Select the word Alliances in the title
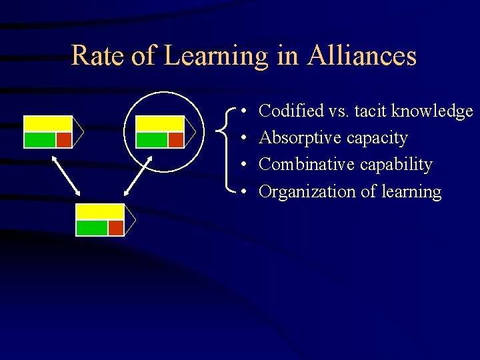coord(362,55)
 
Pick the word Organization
coord(307,192)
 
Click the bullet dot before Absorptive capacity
coord(245,139)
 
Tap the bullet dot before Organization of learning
coord(245,193)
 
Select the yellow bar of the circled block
coord(159,123)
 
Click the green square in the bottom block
coord(92,227)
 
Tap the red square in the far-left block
coord(63,139)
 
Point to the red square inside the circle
coord(175,139)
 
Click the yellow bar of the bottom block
coord(100,212)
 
